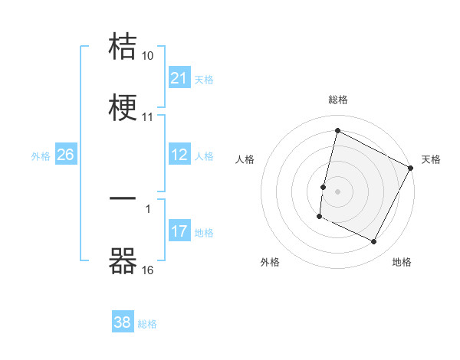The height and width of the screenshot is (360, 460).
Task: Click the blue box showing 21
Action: tap(179, 78)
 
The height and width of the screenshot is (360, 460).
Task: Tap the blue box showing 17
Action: tap(179, 231)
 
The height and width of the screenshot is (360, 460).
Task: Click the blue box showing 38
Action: tap(123, 322)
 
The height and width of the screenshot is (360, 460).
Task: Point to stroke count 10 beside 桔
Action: tap(148, 56)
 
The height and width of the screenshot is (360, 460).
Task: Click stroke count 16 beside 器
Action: tap(148, 270)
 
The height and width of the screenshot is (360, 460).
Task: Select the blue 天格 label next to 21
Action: tap(204, 79)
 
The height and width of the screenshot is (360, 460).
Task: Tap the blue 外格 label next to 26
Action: tap(41, 156)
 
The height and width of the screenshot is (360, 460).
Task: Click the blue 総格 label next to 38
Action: tap(147, 323)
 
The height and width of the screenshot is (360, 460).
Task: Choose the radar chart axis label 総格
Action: tap(338, 100)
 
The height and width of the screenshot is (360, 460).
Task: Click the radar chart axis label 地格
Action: tap(402, 262)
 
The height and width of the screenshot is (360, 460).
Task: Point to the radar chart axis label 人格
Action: tap(245, 159)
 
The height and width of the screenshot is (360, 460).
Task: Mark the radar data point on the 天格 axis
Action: tap(411, 168)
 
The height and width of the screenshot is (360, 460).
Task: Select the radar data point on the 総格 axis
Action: tap(337, 130)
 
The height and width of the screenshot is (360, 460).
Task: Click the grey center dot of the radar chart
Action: tap(337, 190)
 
